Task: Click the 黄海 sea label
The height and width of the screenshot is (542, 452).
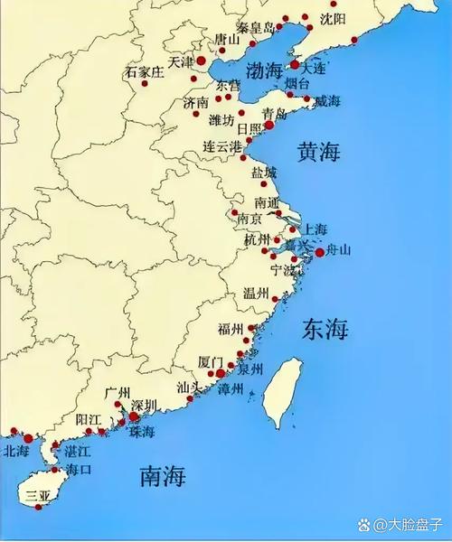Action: pyautogui.click(x=319, y=152)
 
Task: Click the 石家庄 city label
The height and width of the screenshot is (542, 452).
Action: pyautogui.click(x=144, y=71)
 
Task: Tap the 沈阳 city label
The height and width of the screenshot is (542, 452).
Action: pyautogui.click(x=334, y=19)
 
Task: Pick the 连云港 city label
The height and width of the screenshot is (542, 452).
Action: pyautogui.click(x=222, y=145)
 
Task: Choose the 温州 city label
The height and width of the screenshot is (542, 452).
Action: pyautogui.click(x=256, y=294)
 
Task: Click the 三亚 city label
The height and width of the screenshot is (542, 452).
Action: pyautogui.click(x=38, y=495)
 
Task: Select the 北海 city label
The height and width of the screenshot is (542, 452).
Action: pyautogui.click(x=16, y=451)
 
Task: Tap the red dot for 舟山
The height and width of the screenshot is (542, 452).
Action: pyautogui.click(x=319, y=253)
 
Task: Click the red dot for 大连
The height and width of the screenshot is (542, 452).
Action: pyautogui.click(x=295, y=65)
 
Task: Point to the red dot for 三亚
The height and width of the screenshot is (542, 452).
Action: pyautogui.click(x=38, y=507)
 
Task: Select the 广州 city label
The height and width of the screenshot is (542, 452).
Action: pyautogui.click(x=118, y=393)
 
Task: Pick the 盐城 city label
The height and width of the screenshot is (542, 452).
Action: pyautogui.click(x=264, y=172)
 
